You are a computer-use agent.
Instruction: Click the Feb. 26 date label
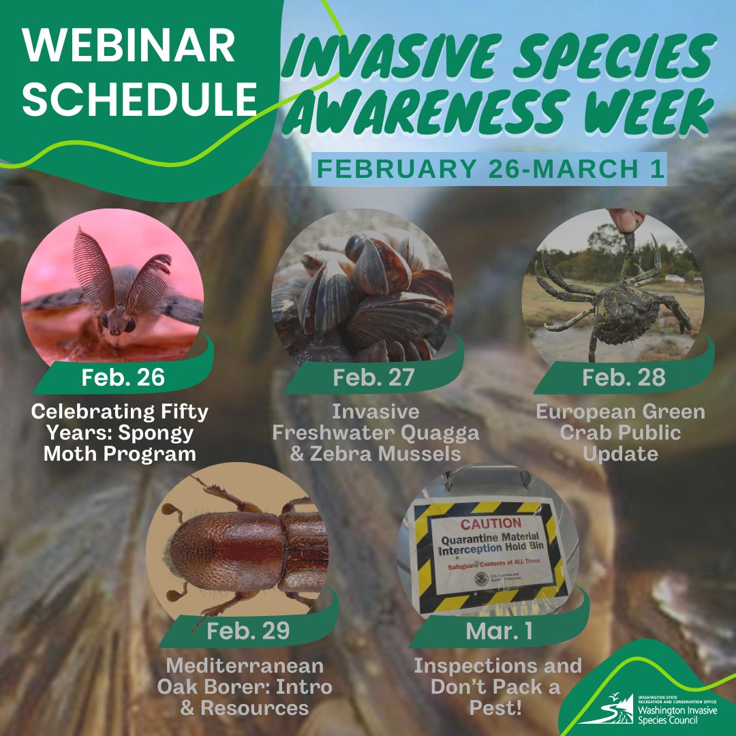[123, 378]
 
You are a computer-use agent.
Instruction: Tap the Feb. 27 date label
[373, 378]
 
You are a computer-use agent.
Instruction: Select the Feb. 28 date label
[623, 378]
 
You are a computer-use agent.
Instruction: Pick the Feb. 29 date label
[248, 630]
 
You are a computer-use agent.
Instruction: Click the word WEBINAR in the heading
[129, 49]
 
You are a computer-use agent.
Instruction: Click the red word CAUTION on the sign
[491, 523]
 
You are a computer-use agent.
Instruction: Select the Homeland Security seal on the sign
[482, 579]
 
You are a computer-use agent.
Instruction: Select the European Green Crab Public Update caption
[620, 433]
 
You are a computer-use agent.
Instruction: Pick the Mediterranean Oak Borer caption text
[245, 686]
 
